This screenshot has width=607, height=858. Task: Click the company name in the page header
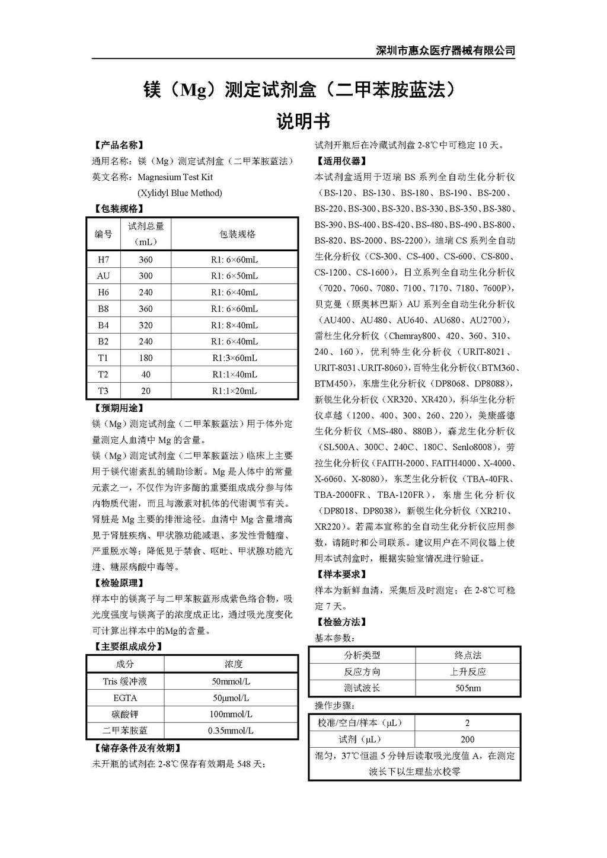[445, 50]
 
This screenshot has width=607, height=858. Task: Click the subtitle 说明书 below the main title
[303, 121]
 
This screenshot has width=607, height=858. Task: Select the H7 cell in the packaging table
[103, 260]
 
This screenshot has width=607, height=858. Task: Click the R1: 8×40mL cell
[234, 325]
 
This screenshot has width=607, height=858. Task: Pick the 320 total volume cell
[146, 325]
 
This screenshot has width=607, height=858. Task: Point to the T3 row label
[103, 391]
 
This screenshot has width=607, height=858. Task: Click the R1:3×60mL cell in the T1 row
[234, 358]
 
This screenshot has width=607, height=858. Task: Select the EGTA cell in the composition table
[125, 698]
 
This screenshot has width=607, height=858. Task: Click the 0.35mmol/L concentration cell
[231, 731]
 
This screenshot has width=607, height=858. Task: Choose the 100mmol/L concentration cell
[231, 714]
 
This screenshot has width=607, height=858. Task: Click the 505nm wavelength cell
[468, 688]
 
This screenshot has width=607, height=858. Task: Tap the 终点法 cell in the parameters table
[468, 655]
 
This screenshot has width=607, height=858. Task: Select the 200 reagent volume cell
[468, 739]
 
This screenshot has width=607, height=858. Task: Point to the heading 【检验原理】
[119, 582]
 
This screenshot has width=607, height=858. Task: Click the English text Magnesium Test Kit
[175, 177]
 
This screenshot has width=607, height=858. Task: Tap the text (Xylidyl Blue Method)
[180, 193]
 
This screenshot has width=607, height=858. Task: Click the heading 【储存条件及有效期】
[137, 748]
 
